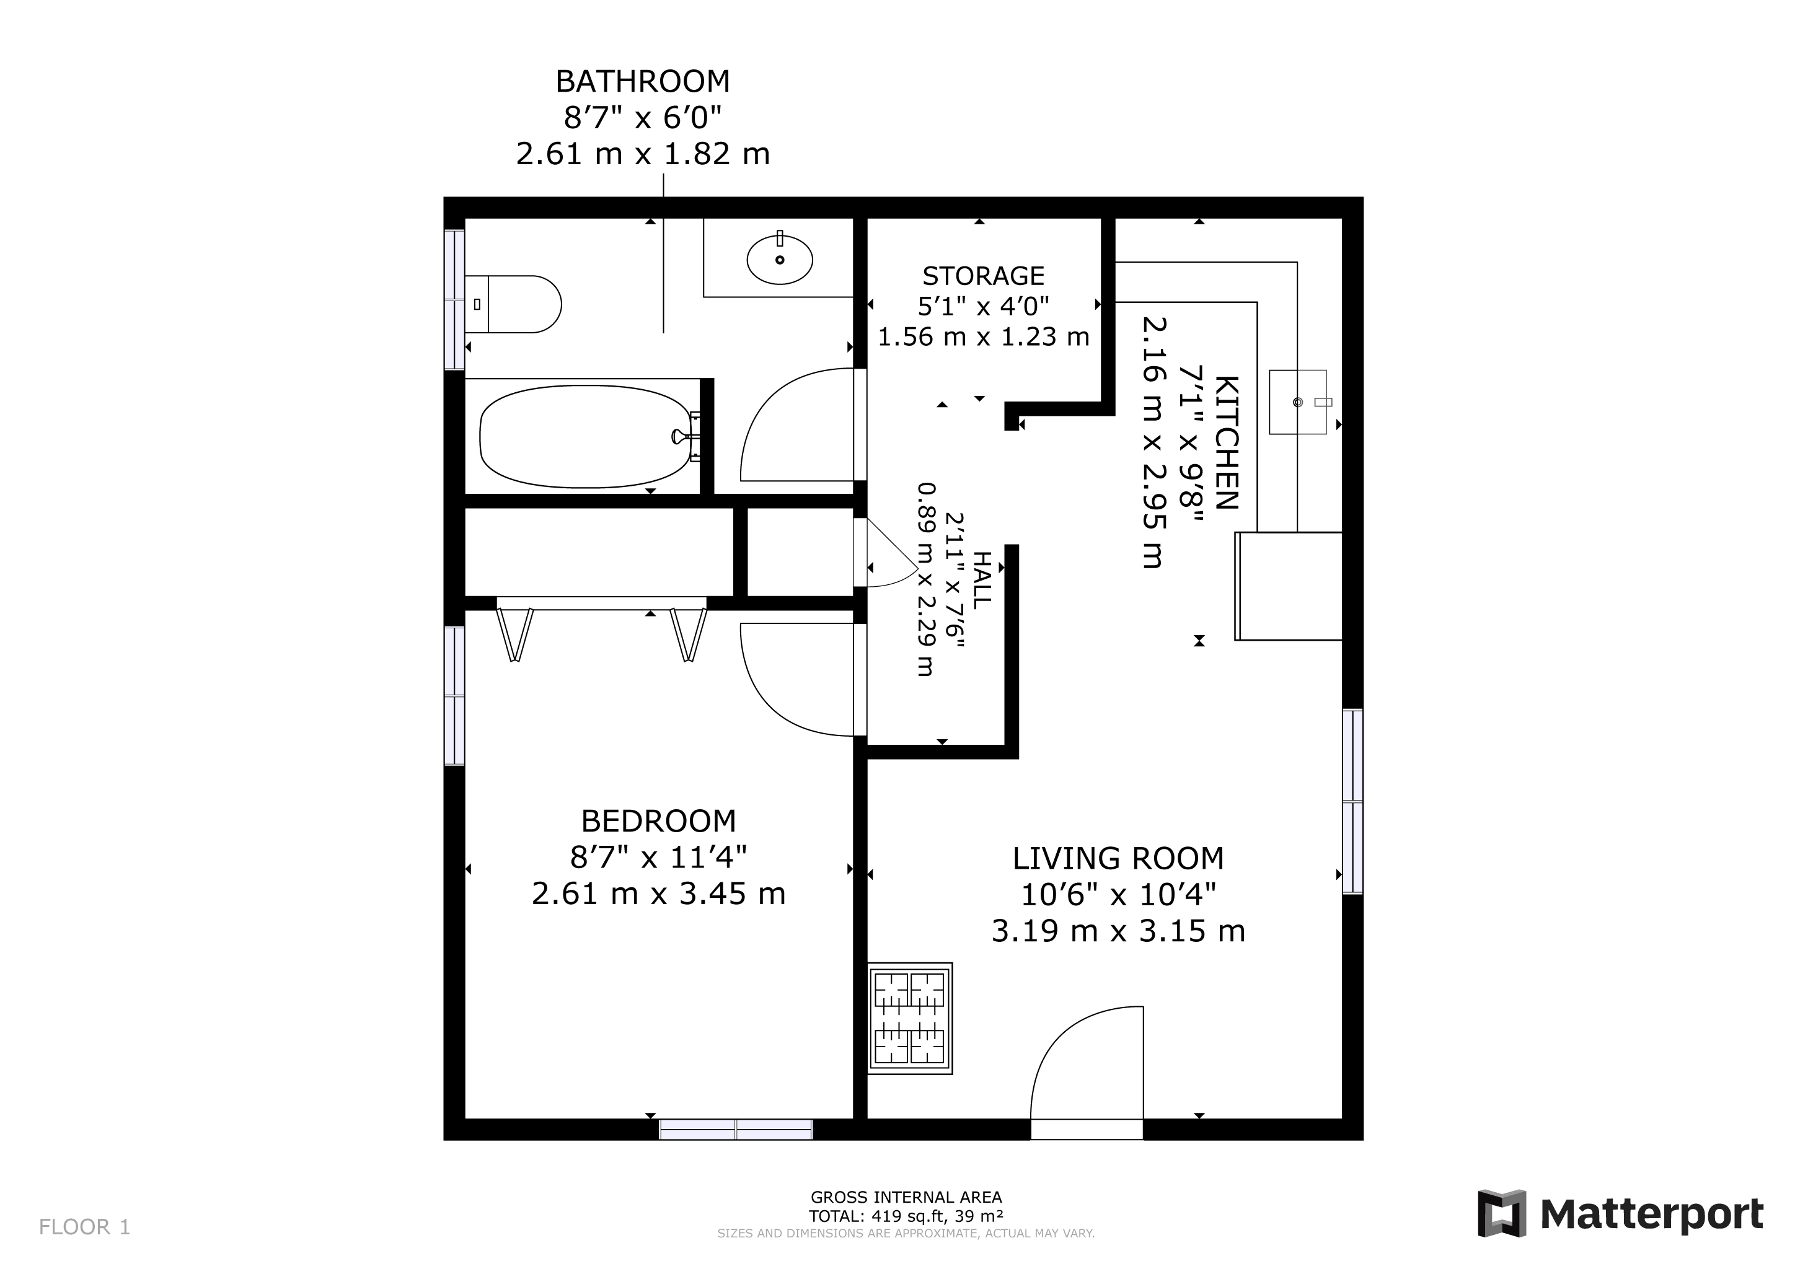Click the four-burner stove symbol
(x=910, y=1018)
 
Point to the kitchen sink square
(x=1298, y=402)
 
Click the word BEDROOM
(x=658, y=821)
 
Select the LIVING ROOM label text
(x=1118, y=859)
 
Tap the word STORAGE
(x=982, y=276)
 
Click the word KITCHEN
(x=1227, y=442)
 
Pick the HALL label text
(x=981, y=579)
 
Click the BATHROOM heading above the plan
(x=643, y=81)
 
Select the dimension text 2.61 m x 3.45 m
(x=658, y=893)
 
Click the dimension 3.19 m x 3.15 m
(x=1118, y=931)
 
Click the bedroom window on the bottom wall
(x=735, y=1129)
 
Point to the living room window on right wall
(x=1352, y=801)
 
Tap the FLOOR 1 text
(x=84, y=1227)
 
